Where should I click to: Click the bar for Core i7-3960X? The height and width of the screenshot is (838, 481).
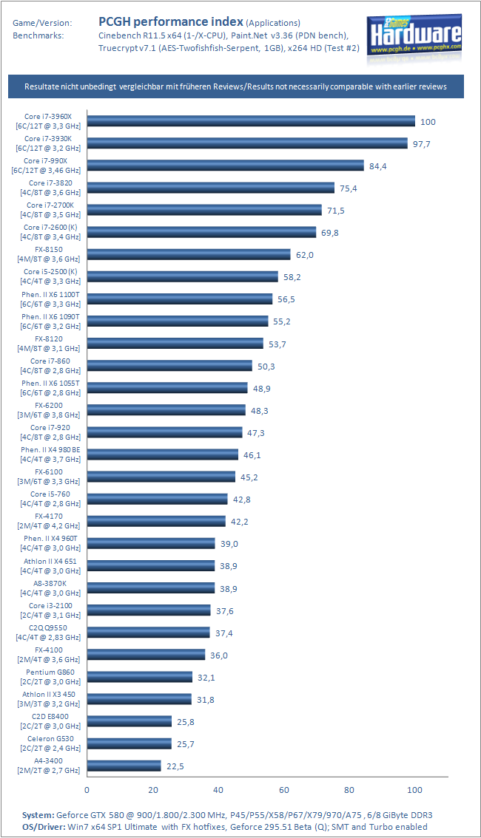[x=251, y=121]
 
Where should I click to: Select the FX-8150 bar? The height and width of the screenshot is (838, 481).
[x=189, y=254]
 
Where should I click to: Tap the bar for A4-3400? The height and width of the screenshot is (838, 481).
[x=124, y=766]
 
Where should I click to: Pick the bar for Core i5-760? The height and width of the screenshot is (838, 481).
[x=158, y=499]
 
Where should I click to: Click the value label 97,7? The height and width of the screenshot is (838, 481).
[x=422, y=144]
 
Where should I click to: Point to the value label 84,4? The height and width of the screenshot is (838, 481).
[x=377, y=166]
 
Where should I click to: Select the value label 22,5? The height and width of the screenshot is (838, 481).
[x=175, y=766]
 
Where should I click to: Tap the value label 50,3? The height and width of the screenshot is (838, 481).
[x=266, y=367]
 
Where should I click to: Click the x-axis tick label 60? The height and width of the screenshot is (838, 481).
[x=283, y=790]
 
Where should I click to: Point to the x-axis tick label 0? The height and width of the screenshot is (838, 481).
[x=87, y=790]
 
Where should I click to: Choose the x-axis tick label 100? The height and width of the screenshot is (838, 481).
[x=414, y=790]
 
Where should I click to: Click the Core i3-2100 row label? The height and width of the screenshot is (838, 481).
[x=50, y=610]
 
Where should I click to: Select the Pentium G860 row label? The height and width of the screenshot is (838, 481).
[x=50, y=677]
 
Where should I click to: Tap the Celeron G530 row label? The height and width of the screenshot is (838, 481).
[x=50, y=743]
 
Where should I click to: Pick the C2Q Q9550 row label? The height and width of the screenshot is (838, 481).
[x=48, y=633]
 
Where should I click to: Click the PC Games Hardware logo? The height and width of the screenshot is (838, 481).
[x=414, y=38]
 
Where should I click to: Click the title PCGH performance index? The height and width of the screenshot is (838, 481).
[x=171, y=22]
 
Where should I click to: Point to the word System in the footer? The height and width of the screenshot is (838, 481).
[x=38, y=815]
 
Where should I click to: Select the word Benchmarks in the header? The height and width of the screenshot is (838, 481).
[x=38, y=35]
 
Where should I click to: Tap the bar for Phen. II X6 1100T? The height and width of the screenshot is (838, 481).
[x=180, y=299]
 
